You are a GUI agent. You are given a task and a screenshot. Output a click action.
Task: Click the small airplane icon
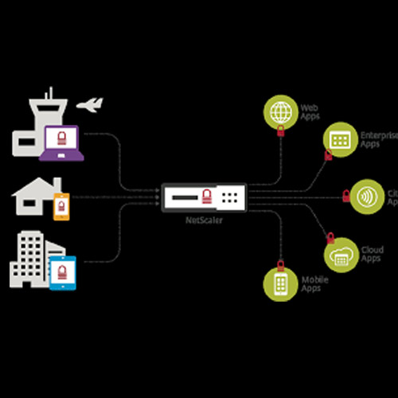[92, 104]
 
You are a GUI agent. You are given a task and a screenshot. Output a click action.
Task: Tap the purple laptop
[61, 143]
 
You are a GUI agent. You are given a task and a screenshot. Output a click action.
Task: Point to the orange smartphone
[59, 206]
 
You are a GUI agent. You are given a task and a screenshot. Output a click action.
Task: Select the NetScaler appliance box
[205, 196]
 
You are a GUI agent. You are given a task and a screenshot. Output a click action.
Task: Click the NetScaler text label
[205, 219]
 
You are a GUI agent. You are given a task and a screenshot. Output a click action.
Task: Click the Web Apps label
[309, 109]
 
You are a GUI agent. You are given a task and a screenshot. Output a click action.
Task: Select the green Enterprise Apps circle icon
[340, 139]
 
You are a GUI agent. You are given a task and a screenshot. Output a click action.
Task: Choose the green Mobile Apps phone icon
[280, 284]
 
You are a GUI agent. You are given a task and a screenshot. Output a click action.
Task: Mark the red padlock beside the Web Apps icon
[280, 134]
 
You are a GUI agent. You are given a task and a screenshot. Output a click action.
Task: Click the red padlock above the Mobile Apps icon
[280, 263]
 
